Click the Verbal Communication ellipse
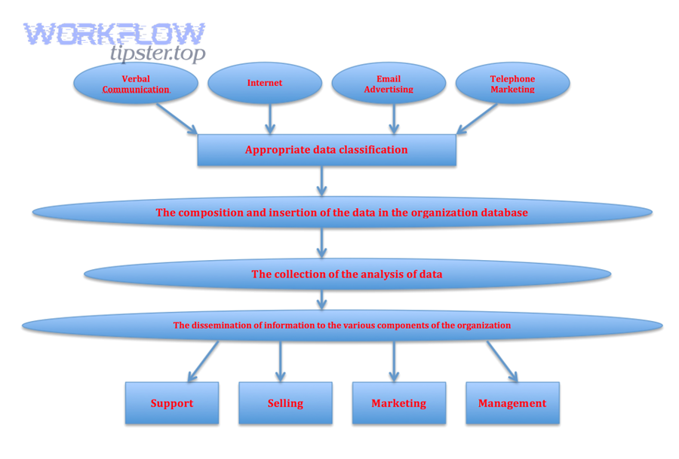[136, 83]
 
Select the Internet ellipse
[265, 83]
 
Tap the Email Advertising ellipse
[389, 83]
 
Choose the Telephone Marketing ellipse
[512, 83]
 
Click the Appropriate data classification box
[326, 150]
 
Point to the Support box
[172, 403]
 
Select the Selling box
[285, 403]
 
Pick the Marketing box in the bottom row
[398, 403]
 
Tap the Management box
[512, 403]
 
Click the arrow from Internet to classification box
[270, 119]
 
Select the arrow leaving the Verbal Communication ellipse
[177, 118]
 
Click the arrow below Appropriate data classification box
[322, 181]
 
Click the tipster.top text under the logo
[157, 54]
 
